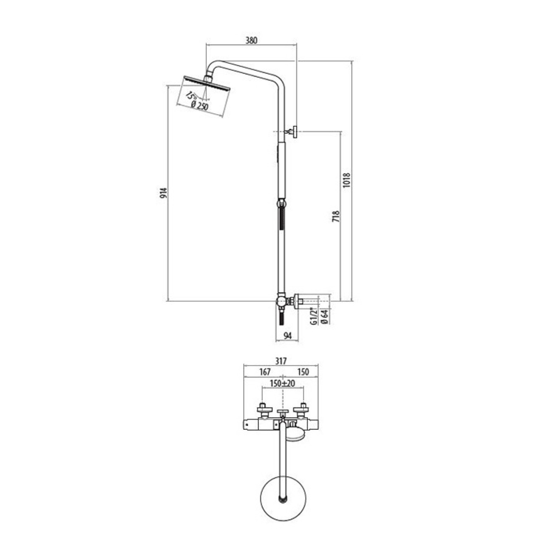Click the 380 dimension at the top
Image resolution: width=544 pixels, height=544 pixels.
tap(251, 40)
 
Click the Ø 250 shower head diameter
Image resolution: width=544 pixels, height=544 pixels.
tap(199, 106)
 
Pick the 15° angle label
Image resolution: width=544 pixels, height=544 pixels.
tap(191, 96)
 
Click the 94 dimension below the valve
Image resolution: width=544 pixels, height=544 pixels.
tap(288, 335)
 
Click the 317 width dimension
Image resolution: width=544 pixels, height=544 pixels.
tap(281, 361)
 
